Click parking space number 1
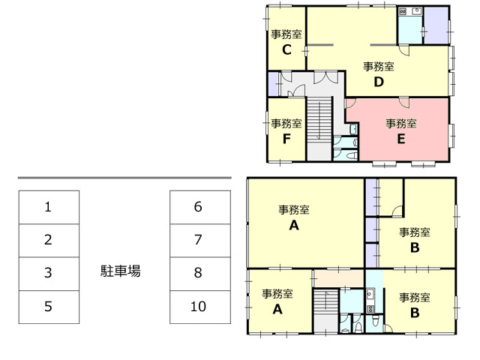click(49, 207)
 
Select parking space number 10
click(200, 307)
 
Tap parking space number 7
click(200, 240)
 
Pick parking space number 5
click(49, 307)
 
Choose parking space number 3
click(49, 274)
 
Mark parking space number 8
click(200, 274)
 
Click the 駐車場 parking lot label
click(120, 271)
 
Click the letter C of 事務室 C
click(286, 50)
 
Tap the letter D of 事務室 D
click(379, 82)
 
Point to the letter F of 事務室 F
click(286, 139)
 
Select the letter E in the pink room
click(401, 139)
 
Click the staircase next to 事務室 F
click(319, 119)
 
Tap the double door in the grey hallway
click(325, 77)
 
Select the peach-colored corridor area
click(339, 278)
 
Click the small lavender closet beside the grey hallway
click(274, 83)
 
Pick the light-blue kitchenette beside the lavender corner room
click(410, 25)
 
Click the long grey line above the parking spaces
click(124, 178)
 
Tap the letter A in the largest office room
click(294, 226)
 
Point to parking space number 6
click(200, 207)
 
